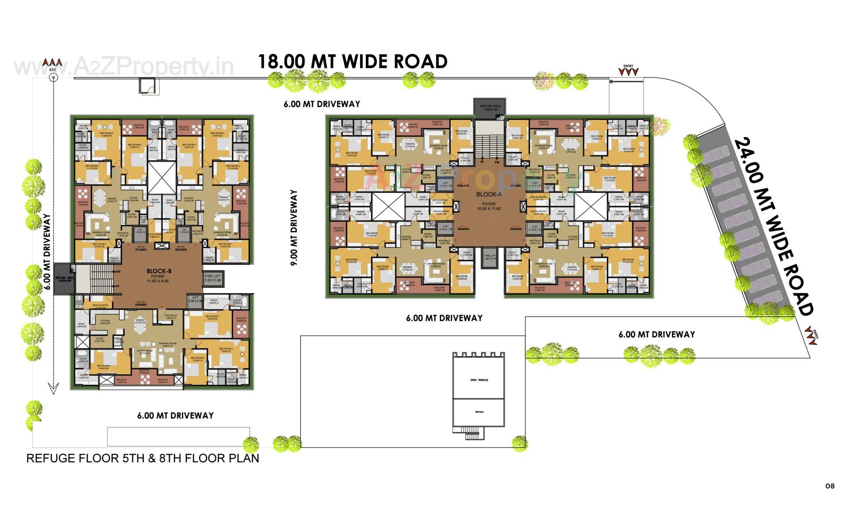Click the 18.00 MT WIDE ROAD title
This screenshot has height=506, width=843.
(x=352, y=61)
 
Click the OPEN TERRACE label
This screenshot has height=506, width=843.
(x=479, y=380)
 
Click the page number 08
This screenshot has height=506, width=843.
(x=829, y=486)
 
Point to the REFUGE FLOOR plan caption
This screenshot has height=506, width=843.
(x=143, y=458)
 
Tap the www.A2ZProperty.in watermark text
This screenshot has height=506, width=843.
(x=124, y=67)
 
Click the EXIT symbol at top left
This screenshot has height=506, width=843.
(x=53, y=77)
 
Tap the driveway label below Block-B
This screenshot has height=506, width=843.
(x=175, y=416)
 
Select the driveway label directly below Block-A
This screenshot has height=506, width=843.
(x=444, y=318)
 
